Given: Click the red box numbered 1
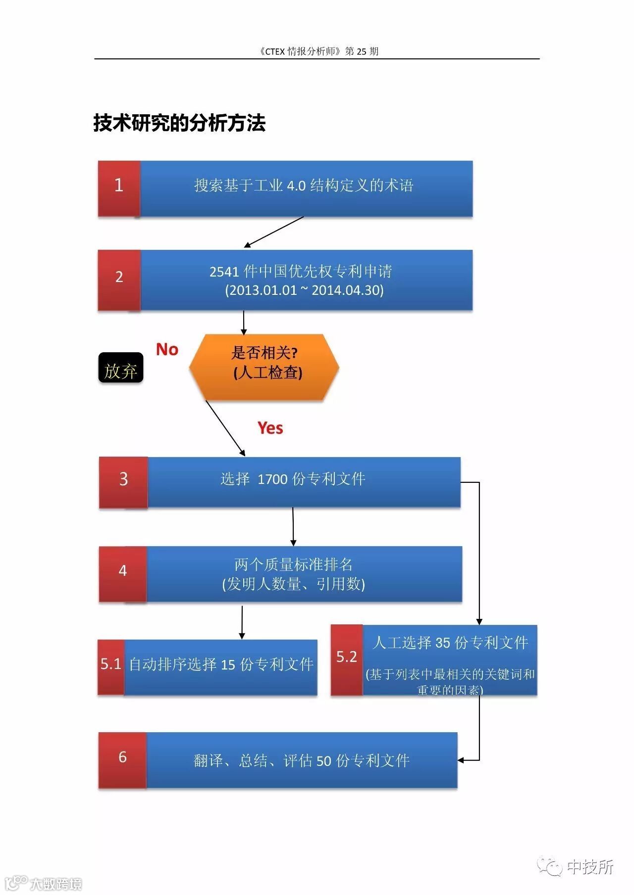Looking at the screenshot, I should coord(119,188).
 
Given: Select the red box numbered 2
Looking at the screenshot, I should coord(119,280).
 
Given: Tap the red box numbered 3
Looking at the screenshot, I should coord(123,482).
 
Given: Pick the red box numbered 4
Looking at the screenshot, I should coord(122,574).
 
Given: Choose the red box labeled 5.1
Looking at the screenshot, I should coord(111,667).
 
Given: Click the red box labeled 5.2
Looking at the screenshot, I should coord(347,660).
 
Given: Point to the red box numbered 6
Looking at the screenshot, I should coord(122,760).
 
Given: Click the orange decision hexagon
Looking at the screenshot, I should coord(264,367).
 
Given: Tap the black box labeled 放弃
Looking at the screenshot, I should coord(121,368).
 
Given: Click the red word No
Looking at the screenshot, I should coord(167,350).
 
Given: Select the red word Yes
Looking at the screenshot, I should coord(270,428).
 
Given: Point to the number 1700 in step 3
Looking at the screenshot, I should coord(272,479).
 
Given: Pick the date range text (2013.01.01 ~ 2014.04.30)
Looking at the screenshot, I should coord(304,290).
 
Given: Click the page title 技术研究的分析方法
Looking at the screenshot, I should coord(179,123).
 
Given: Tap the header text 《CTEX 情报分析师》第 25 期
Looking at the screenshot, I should coord(318,51).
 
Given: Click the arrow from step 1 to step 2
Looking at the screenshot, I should coord(274,232).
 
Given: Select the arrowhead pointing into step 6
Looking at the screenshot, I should coord(461,760).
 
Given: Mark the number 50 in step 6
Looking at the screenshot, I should coord(323,761).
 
